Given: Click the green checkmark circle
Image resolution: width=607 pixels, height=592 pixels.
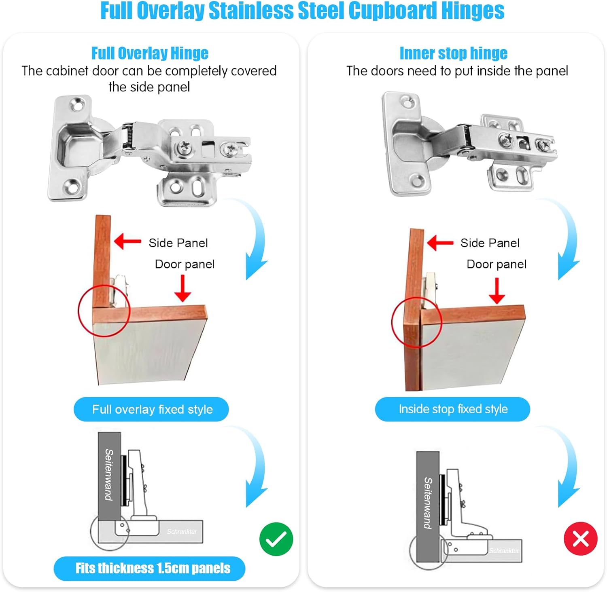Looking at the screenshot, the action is pos(276,539).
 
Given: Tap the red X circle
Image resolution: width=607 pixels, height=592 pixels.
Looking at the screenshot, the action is pos(581,539).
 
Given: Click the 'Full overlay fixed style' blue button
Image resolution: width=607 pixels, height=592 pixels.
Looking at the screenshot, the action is pos(151,409).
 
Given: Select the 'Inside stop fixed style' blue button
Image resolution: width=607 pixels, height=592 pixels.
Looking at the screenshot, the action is pos(452,409).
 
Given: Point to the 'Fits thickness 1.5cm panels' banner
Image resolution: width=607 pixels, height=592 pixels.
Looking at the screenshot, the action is pos(149,569).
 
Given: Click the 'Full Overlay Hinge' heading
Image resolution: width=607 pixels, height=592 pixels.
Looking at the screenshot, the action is pos(150,53).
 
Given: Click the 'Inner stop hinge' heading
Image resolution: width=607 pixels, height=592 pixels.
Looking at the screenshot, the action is pos(453,53).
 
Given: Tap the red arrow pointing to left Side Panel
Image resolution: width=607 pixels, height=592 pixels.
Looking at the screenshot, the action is pos(128,242).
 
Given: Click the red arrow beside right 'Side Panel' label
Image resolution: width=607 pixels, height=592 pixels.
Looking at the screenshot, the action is pos(440,243).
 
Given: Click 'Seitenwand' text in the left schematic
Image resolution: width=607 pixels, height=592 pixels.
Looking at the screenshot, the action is pos(109,474).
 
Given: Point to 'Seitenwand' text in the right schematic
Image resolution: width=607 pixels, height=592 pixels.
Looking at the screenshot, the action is pos(428,503).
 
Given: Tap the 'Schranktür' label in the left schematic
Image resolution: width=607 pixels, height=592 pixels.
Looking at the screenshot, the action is pos(182,531).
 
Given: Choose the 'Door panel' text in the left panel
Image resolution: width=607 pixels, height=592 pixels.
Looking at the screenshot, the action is pos(185,264).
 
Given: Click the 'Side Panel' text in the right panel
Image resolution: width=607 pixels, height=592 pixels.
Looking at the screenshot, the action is pos(490,243).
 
